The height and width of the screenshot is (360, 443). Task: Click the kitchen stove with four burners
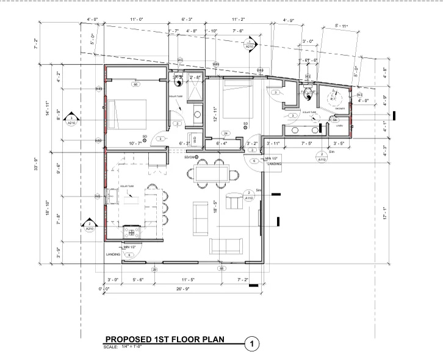click(x=132, y=232)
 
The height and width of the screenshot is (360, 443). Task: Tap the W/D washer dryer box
click(x=195, y=140)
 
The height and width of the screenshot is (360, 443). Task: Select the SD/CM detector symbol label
click(x=189, y=157)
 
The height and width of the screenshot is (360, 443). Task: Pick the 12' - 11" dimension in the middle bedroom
click(x=214, y=113)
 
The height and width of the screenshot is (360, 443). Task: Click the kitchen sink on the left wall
click(x=112, y=196)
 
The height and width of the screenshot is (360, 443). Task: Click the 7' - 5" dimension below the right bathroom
click(x=308, y=143)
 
